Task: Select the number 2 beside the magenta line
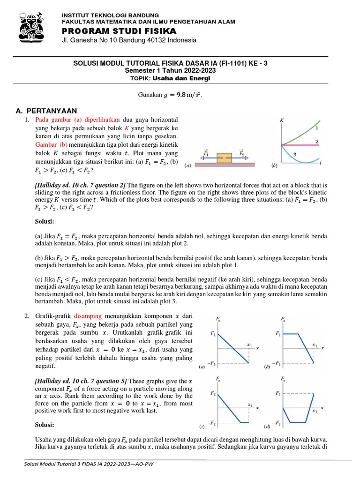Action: pyautogui.click(x=317, y=141)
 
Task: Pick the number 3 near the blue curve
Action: pyautogui.click(x=295, y=154)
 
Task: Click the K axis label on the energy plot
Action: pyautogui.click(x=282, y=120)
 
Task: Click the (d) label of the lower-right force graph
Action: pyautogui.click(x=267, y=427)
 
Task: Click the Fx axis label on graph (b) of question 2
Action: pyautogui.click(x=283, y=319)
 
